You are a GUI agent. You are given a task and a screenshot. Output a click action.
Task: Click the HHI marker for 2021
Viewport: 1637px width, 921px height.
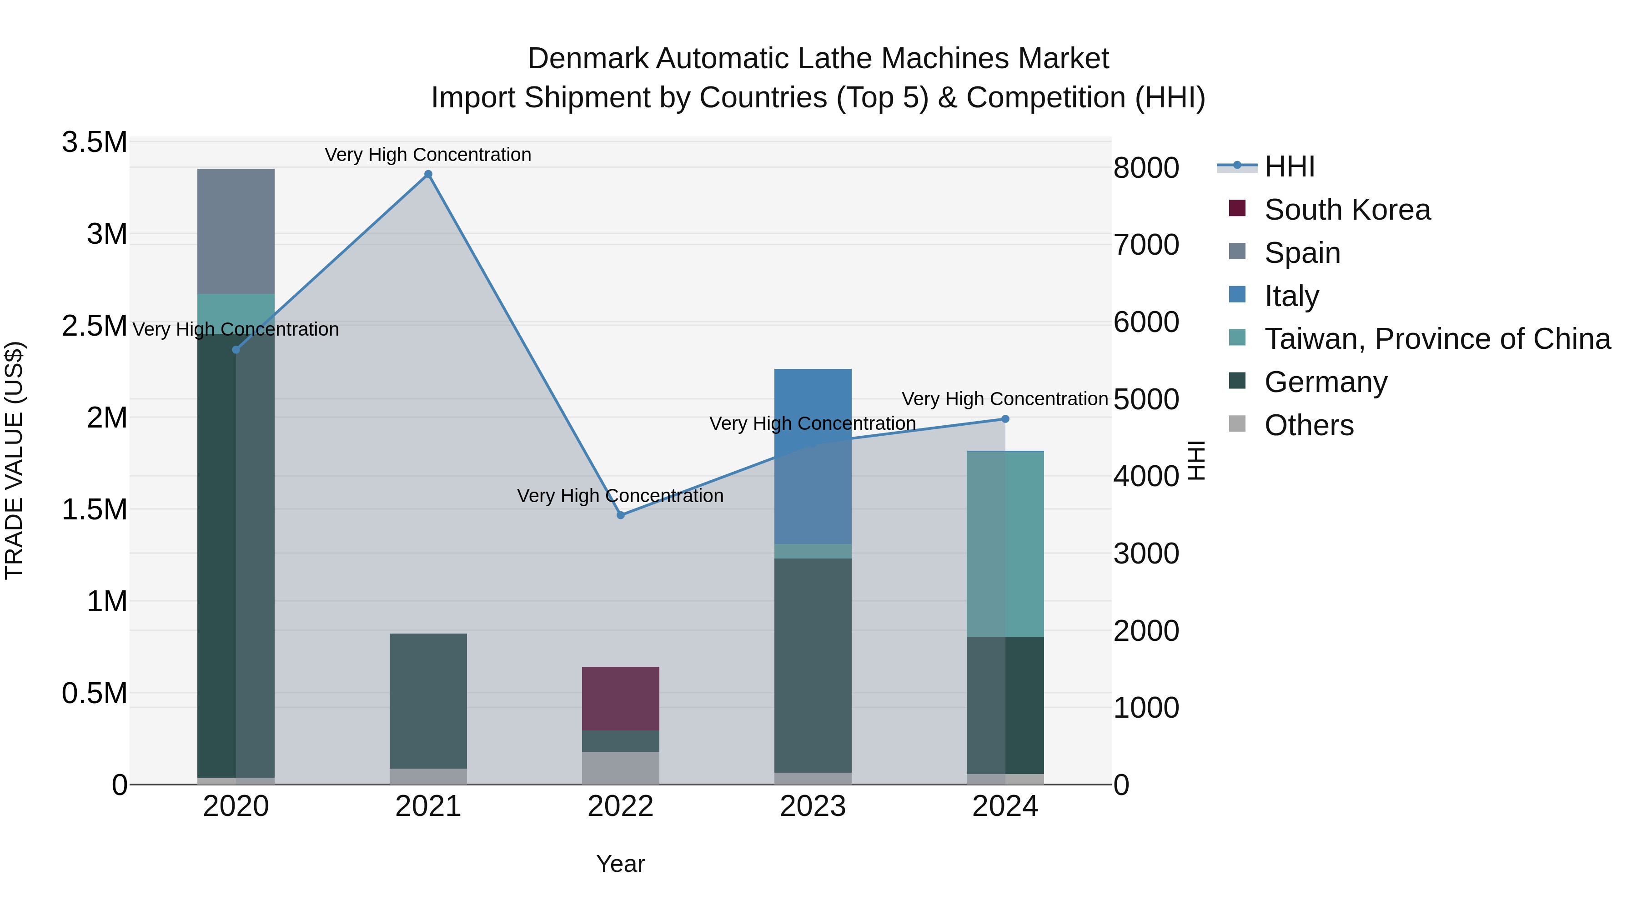point(428,174)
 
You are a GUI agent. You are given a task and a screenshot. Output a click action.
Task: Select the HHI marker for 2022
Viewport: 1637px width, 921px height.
point(621,515)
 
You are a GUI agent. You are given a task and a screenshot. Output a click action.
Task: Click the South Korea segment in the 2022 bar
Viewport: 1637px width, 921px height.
point(621,699)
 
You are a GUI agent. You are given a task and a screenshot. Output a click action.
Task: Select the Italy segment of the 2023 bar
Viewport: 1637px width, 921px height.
point(813,456)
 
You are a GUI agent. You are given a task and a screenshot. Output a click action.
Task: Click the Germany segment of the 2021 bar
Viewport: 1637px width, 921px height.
point(428,700)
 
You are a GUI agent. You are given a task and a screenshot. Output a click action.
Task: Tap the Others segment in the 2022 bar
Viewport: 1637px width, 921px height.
point(621,768)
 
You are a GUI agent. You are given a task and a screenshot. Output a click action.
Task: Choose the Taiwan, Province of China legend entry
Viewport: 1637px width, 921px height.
point(1437,339)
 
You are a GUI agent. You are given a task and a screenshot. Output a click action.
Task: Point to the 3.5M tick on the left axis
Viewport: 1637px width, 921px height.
point(95,142)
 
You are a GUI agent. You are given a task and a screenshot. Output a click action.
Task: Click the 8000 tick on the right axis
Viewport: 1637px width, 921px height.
point(1146,168)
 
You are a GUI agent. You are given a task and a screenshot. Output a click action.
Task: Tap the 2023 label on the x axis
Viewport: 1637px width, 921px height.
point(813,806)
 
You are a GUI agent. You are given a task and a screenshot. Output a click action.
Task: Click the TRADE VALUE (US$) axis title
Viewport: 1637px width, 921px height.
point(14,460)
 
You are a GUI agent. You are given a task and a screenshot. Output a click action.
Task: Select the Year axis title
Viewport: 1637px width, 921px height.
point(620,864)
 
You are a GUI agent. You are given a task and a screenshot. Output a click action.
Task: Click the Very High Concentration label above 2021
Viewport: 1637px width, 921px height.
point(428,155)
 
